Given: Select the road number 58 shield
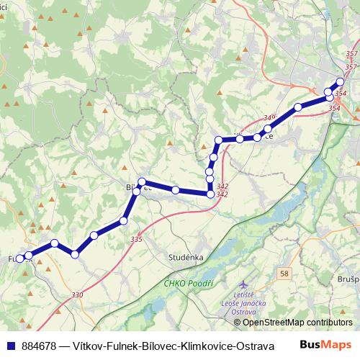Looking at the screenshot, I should point(285,273).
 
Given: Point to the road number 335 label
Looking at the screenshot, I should point(136,239).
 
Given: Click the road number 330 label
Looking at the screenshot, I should point(78,295).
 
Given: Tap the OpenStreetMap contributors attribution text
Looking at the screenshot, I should point(292,322).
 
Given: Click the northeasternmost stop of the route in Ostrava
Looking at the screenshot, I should point(341,82).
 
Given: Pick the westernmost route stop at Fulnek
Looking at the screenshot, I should point(20,257).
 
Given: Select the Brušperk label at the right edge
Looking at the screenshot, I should point(349,278).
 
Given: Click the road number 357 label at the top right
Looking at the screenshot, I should point(351,55).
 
